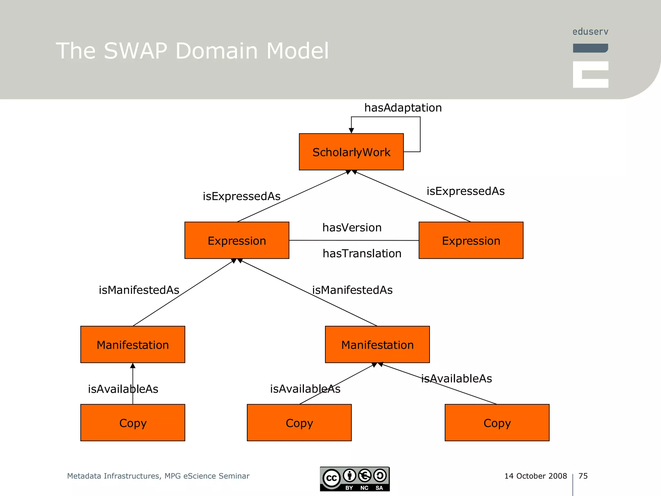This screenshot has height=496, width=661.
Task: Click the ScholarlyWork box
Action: [351, 152]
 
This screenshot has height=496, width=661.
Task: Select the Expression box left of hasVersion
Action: [237, 240]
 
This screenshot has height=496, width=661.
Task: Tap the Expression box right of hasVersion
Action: [471, 240]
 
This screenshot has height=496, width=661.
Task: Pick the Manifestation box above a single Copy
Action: [133, 345]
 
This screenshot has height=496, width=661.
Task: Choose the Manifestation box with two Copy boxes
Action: [377, 345]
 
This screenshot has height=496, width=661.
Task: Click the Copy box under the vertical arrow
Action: [133, 422]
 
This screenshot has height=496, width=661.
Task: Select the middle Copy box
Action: [299, 422]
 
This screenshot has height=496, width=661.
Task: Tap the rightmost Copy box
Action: [497, 422]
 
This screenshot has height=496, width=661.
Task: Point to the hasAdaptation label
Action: [403, 108]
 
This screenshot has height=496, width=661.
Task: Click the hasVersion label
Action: [352, 228]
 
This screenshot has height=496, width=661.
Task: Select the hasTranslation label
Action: [362, 253]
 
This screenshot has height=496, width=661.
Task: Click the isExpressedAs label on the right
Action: [465, 191]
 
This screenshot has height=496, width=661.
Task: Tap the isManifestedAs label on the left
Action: [139, 290]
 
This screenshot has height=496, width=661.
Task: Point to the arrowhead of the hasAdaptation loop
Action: [351, 130]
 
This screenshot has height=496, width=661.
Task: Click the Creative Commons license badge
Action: [355, 479]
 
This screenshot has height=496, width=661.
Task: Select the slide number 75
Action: [583, 476]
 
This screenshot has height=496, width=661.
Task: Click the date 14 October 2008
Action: [535, 476]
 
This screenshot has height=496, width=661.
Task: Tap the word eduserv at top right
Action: [590, 32]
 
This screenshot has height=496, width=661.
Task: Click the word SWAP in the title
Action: [136, 51]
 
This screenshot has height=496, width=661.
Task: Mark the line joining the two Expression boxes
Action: [354, 240]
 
